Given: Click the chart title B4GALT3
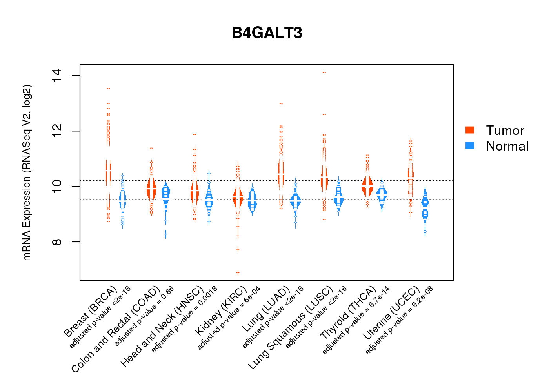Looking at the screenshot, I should click(x=267, y=33).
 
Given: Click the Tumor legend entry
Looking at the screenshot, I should click(x=505, y=131).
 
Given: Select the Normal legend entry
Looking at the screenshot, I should click(x=507, y=146).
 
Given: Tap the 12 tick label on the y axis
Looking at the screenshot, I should click(x=57, y=131).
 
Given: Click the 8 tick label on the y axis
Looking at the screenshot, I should click(x=57, y=242).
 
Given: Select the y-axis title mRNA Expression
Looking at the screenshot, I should click(x=27, y=172).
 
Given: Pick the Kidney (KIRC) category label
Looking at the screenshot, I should click(x=221, y=310).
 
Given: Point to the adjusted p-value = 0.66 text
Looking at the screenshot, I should click(x=144, y=317).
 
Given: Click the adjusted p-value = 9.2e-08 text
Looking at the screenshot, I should click(x=399, y=320).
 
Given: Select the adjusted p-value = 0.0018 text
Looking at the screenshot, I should click(x=184, y=319).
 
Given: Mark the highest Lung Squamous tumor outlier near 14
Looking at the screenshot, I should click(x=324, y=73).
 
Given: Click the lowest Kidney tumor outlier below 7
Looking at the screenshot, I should click(x=238, y=272).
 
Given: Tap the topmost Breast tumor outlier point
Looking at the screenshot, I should click(x=108, y=89).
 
